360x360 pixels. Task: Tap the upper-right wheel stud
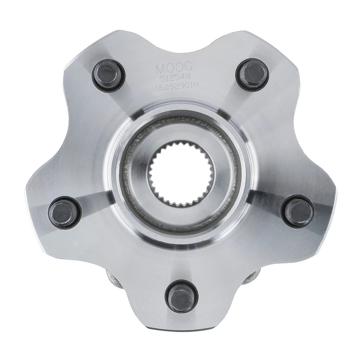tap(252, 74)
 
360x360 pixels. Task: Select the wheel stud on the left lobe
tap(64, 212)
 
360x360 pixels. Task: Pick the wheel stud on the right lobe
tap(298, 211)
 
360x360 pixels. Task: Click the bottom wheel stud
tap(181, 297)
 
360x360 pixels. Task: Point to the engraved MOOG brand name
tap(174, 69)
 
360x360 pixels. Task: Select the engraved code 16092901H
tap(177, 86)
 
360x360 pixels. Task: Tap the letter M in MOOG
tap(160, 69)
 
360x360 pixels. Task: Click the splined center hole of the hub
tap(181, 173)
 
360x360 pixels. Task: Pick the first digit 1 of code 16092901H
tap(158, 87)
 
